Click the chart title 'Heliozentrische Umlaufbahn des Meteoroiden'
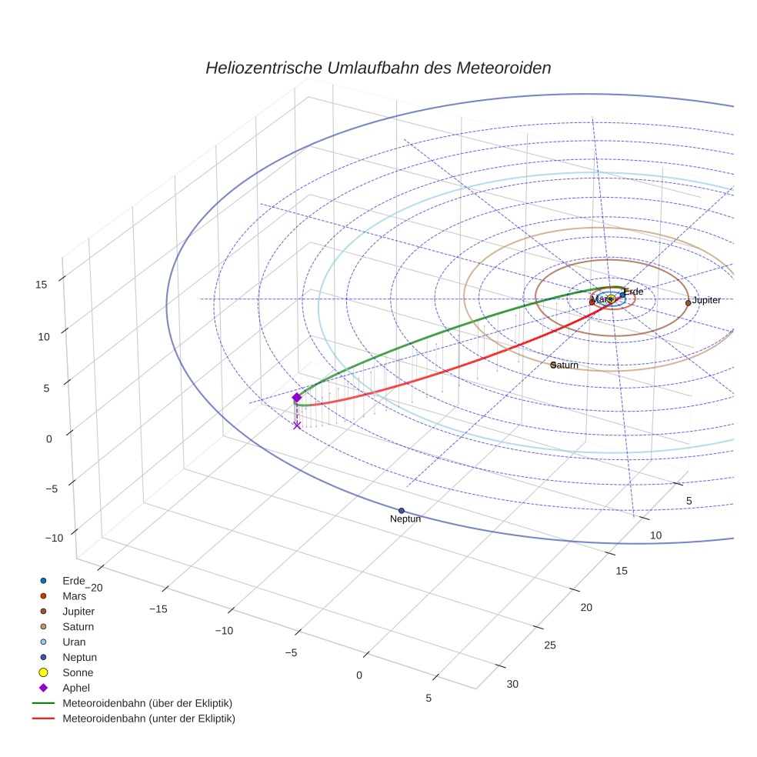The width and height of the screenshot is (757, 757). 378,68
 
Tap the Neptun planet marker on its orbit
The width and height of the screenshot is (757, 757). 402,511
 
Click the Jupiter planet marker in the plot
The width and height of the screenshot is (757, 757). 688,303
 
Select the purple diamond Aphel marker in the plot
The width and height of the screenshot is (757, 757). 297,398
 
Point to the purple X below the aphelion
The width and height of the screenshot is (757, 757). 297,425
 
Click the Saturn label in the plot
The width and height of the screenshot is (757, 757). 565,365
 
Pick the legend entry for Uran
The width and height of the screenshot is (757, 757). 74,642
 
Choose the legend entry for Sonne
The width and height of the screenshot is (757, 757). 78,672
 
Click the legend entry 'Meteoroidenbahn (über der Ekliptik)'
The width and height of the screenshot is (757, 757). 147,703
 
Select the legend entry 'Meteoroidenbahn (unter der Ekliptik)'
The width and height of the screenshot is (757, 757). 148,719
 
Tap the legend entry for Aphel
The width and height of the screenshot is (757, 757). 75,688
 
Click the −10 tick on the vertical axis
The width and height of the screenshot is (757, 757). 54,539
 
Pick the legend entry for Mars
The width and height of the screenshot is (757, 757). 74,595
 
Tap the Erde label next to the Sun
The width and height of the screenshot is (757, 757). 633,292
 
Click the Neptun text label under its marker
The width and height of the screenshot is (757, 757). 405,519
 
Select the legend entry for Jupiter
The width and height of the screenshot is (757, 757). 78,611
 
